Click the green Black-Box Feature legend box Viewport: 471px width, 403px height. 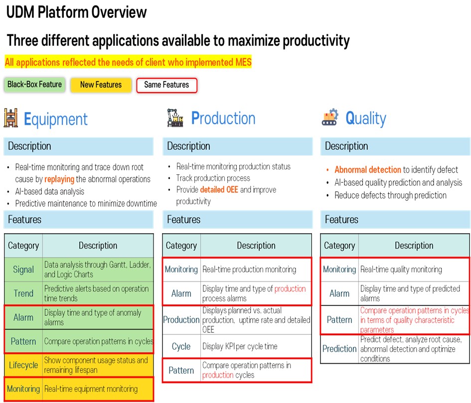(x=34, y=84)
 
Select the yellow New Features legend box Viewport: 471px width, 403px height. (x=101, y=85)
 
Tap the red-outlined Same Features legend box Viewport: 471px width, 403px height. (x=166, y=85)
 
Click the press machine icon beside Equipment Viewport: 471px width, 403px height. (x=11, y=118)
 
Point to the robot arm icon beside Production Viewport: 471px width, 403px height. (x=175, y=118)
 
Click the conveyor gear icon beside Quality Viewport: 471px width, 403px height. (x=330, y=117)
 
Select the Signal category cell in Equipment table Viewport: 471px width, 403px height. (x=23, y=269)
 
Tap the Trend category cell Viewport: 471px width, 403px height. (x=23, y=293)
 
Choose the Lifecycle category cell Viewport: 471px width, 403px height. (x=23, y=365)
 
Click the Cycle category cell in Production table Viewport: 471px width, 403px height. (x=181, y=346)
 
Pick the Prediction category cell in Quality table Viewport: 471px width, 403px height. (x=339, y=349)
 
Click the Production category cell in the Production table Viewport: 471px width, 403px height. (x=181, y=320)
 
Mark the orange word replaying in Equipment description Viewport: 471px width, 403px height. (x=59, y=179)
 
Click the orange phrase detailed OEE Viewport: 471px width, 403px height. (x=219, y=190)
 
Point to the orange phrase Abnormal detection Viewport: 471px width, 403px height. (x=368, y=170)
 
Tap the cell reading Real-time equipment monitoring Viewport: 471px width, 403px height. (x=98, y=389)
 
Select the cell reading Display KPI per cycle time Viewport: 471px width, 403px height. (x=256, y=346)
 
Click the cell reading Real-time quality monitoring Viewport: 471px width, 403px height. (x=414, y=269)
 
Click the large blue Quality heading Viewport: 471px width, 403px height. (x=366, y=119)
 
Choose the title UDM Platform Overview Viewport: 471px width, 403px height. (x=77, y=12)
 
